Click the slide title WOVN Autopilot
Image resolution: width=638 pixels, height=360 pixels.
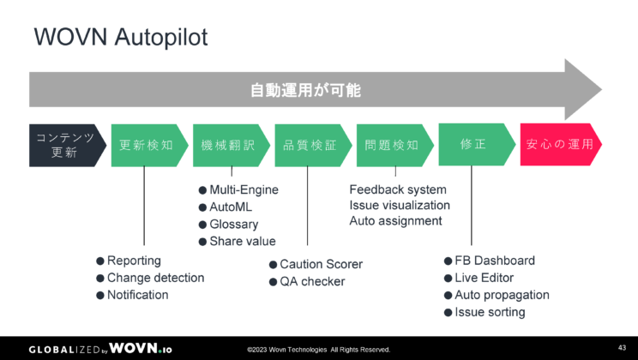pyautogui.click(x=120, y=38)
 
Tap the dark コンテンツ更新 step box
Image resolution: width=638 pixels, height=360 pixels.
pyautogui.click(x=64, y=145)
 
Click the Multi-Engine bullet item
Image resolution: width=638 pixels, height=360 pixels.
pyautogui.click(x=244, y=190)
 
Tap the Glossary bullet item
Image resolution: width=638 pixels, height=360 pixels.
pyautogui.click(x=234, y=225)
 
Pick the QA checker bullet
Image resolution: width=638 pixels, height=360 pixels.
pyautogui.click(x=311, y=281)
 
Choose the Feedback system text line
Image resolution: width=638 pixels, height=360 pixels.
pyautogui.click(x=398, y=189)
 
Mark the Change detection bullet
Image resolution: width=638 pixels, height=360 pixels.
pyautogui.click(x=155, y=278)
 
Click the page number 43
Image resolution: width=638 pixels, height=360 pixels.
pyautogui.click(x=622, y=347)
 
